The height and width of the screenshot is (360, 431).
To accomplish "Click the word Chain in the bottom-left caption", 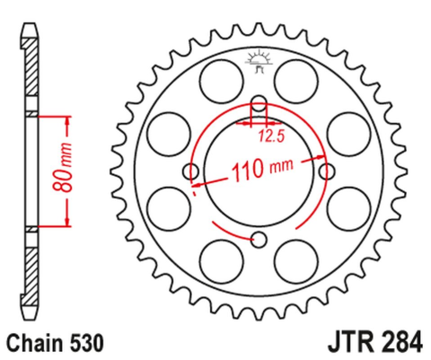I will pyautogui.click(x=35, y=342).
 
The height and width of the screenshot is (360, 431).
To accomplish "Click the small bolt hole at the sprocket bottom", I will pyautogui.click(x=259, y=239).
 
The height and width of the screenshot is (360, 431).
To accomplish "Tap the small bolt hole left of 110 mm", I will pyautogui.click(x=190, y=171).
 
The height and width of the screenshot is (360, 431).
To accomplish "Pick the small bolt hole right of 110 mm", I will pyautogui.click(x=327, y=170).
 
